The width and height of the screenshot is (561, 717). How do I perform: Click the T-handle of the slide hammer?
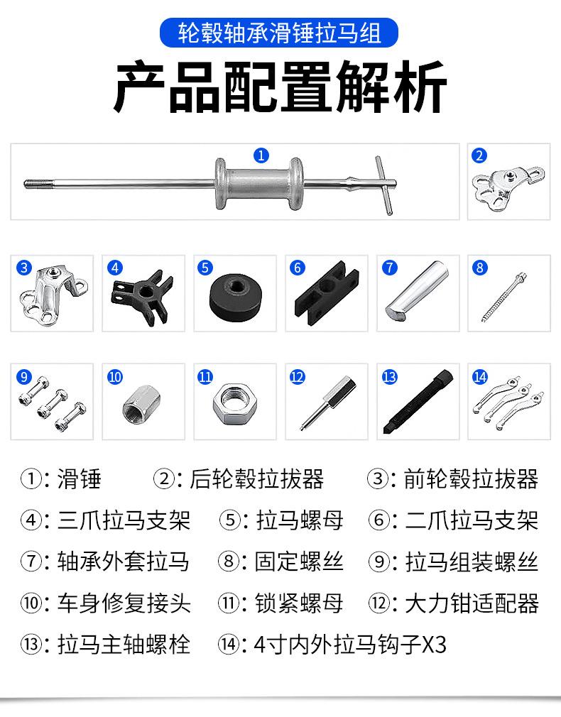(384, 185)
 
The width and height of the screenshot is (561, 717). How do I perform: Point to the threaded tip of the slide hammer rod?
(32, 185)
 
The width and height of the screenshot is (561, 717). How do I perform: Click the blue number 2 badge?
(479, 155)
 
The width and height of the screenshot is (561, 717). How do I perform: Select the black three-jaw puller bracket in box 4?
(142, 297)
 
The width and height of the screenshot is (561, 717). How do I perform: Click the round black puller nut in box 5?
(237, 297)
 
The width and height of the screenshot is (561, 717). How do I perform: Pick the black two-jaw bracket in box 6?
(326, 292)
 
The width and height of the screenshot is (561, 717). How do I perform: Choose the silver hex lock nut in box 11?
(235, 403)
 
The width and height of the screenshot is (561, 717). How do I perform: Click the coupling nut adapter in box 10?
(140, 404)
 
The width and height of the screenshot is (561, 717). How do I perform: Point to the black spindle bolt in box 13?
(418, 402)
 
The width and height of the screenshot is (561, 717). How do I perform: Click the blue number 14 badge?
(480, 377)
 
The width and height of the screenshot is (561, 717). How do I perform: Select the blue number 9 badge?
(24, 377)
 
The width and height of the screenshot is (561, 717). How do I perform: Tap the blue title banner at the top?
(279, 33)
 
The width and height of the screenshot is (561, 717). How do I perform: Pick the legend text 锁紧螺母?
(299, 603)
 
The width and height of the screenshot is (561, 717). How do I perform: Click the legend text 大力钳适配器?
(472, 603)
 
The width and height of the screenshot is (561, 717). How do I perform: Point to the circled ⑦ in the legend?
(31, 562)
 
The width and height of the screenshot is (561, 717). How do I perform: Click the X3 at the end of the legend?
(433, 645)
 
